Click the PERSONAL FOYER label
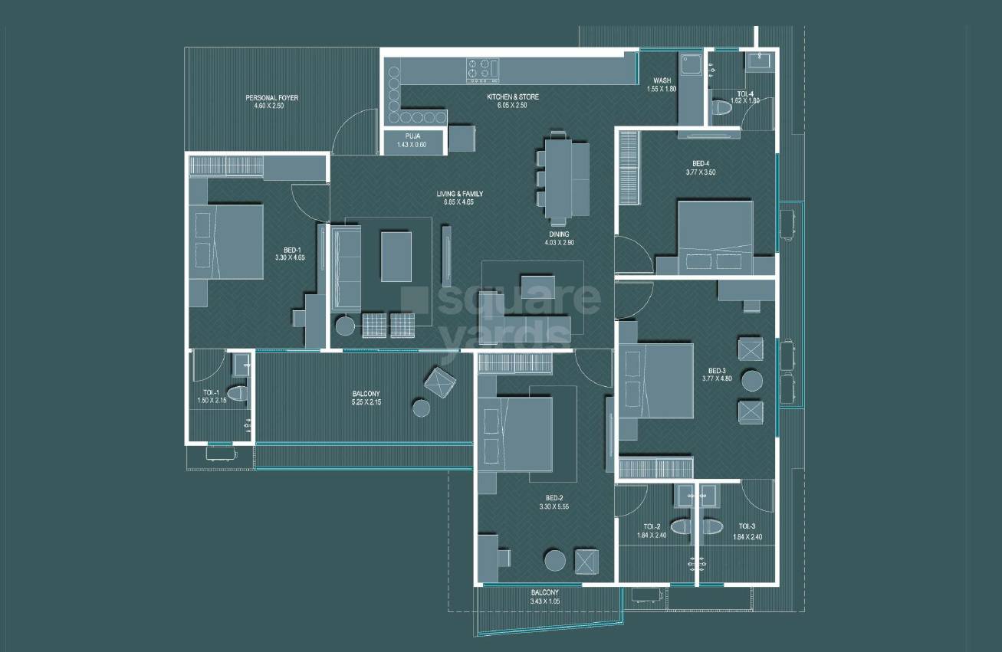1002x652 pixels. click(271, 98)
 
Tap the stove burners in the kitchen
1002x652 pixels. click(482, 69)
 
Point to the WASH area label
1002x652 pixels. click(662, 80)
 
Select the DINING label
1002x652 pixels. click(558, 234)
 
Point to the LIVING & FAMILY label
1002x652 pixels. click(460, 194)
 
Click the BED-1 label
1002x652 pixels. click(291, 250)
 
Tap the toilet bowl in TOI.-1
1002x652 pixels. click(238, 394)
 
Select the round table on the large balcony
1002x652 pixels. click(422, 408)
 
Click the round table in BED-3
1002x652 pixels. click(751, 380)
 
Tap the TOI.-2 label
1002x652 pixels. click(652, 526)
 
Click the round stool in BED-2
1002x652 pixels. click(554, 559)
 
